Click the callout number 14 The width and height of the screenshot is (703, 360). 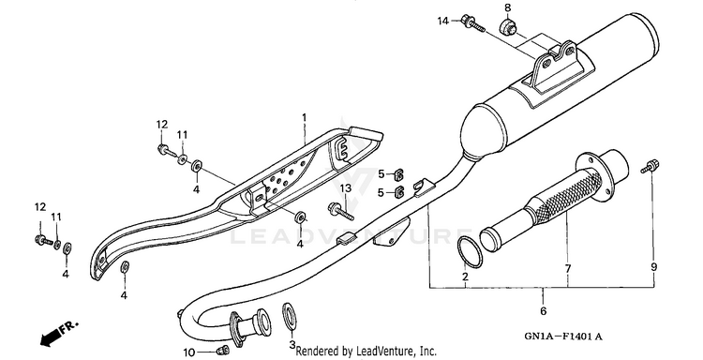click(x=443, y=21)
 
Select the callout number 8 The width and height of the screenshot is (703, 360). click(x=507, y=7)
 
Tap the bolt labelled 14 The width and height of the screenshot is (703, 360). click(x=472, y=23)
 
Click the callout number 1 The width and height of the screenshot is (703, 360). click(x=305, y=118)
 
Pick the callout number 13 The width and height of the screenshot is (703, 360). click(x=346, y=187)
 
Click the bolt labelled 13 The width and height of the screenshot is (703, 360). click(x=341, y=211)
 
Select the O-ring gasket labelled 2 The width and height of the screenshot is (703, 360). click(x=470, y=252)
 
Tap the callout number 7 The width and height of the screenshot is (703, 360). click(x=568, y=268)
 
